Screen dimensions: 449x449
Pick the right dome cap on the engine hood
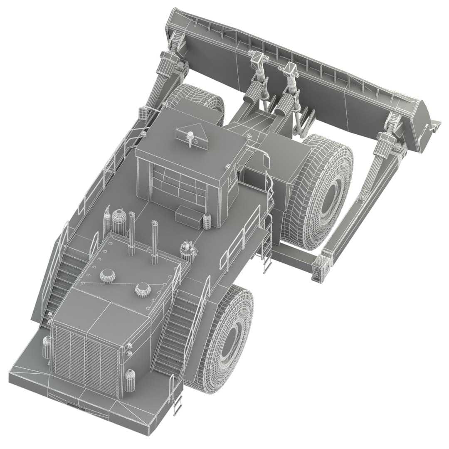pyautogui.click(x=143, y=289)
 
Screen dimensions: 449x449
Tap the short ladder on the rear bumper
pyautogui.click(x=178, y=401)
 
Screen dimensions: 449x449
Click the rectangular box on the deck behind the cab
pyautogui.click(x=189, y=216)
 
